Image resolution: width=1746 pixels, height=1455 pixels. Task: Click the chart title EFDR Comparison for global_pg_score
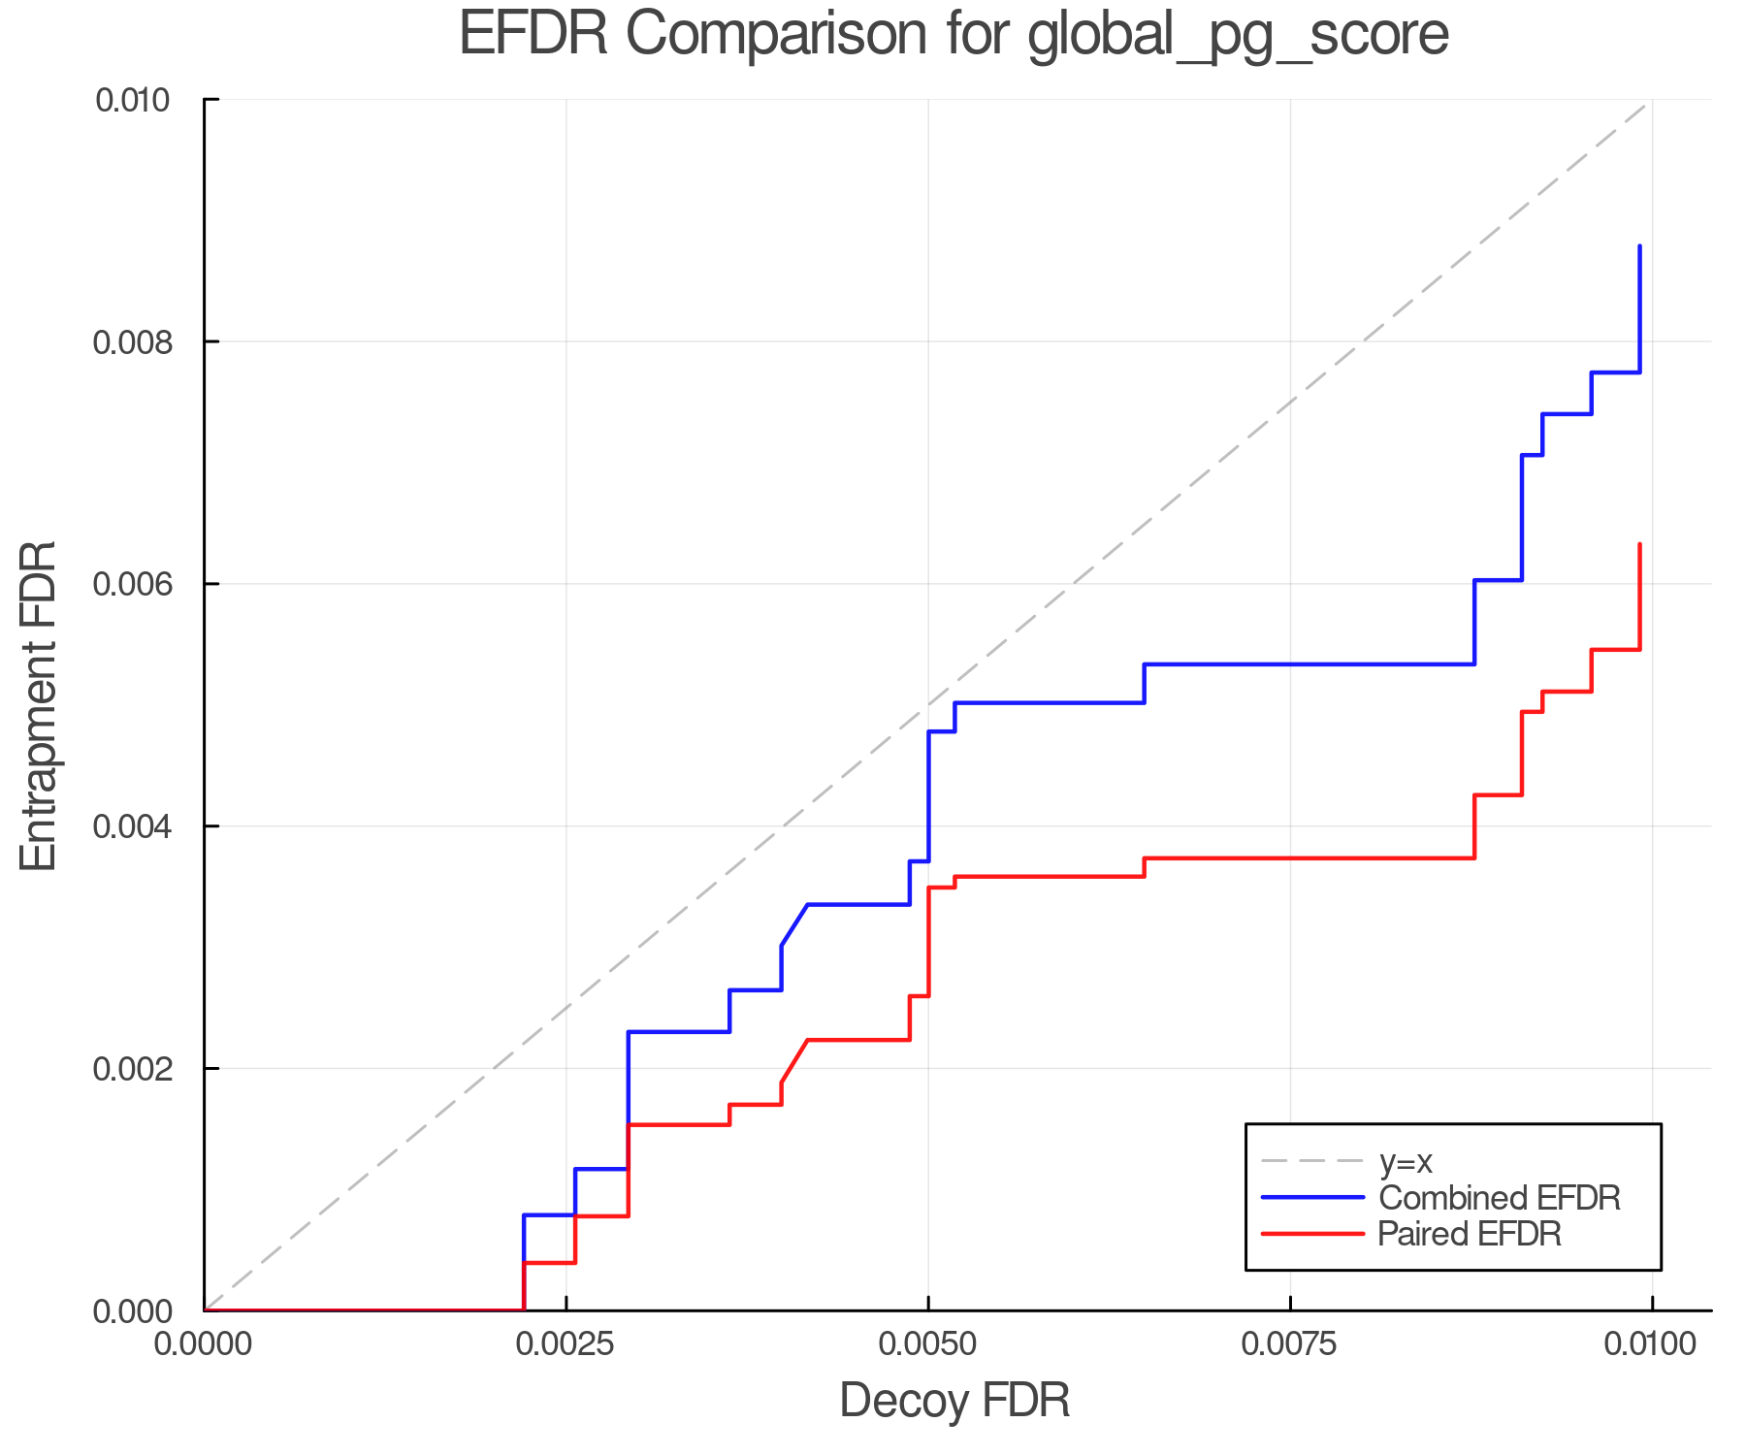point(954,35)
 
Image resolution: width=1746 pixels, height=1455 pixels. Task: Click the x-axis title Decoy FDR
point(954,1401)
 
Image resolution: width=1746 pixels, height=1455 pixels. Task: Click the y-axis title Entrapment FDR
point(40,705)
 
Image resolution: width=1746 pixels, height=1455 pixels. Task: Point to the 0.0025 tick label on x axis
point(565,1344)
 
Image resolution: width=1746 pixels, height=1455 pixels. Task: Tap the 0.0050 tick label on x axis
point(928,1344)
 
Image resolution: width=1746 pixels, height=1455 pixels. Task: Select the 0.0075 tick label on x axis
point(1290,1344)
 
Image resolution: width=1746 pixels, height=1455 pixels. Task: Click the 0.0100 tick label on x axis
point(1652,1344)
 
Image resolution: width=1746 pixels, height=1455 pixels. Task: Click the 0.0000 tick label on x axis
point(203,1344)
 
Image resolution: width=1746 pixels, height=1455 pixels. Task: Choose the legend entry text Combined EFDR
point(1499,1198)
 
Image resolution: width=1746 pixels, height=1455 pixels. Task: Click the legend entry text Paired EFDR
point(1470,1234)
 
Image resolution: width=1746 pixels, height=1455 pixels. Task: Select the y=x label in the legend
point(1406,1161)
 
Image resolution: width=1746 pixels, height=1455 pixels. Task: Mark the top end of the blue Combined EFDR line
point(1639,246)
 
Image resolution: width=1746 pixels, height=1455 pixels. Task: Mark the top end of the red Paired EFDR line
point(1639,544)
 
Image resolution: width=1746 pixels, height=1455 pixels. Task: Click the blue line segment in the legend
point(1312,1198)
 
